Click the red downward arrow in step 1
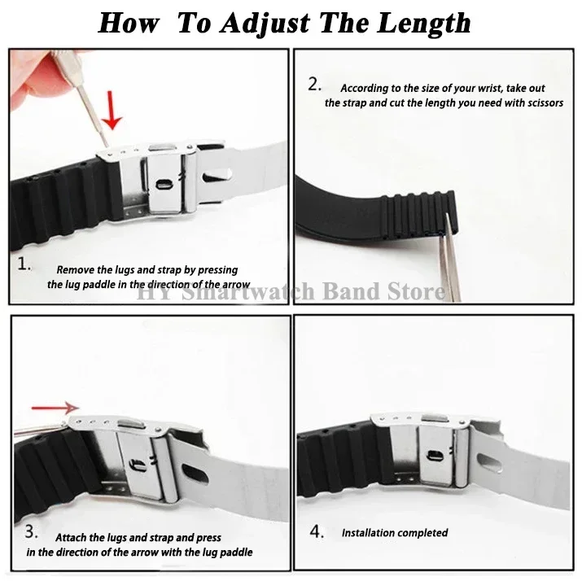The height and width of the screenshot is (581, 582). (x=112, y=110)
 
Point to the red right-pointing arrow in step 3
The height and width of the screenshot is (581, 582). (x=55, y=408)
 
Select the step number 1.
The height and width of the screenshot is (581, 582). (x=24, y=264)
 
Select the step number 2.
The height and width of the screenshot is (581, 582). (x=314, y=85)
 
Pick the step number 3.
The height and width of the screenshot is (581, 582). (x=31, y=531)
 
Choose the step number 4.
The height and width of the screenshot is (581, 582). (x=317, y=531)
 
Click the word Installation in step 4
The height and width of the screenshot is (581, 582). (x=367, y=533)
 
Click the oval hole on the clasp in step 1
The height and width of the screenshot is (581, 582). (x=164, y=184)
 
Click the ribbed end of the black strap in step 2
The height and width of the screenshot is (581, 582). (x=418, y=214)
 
